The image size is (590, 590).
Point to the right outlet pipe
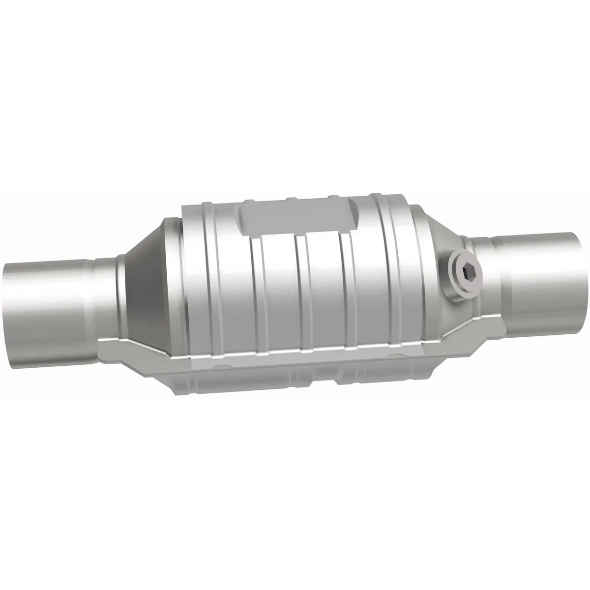click(541, 280)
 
